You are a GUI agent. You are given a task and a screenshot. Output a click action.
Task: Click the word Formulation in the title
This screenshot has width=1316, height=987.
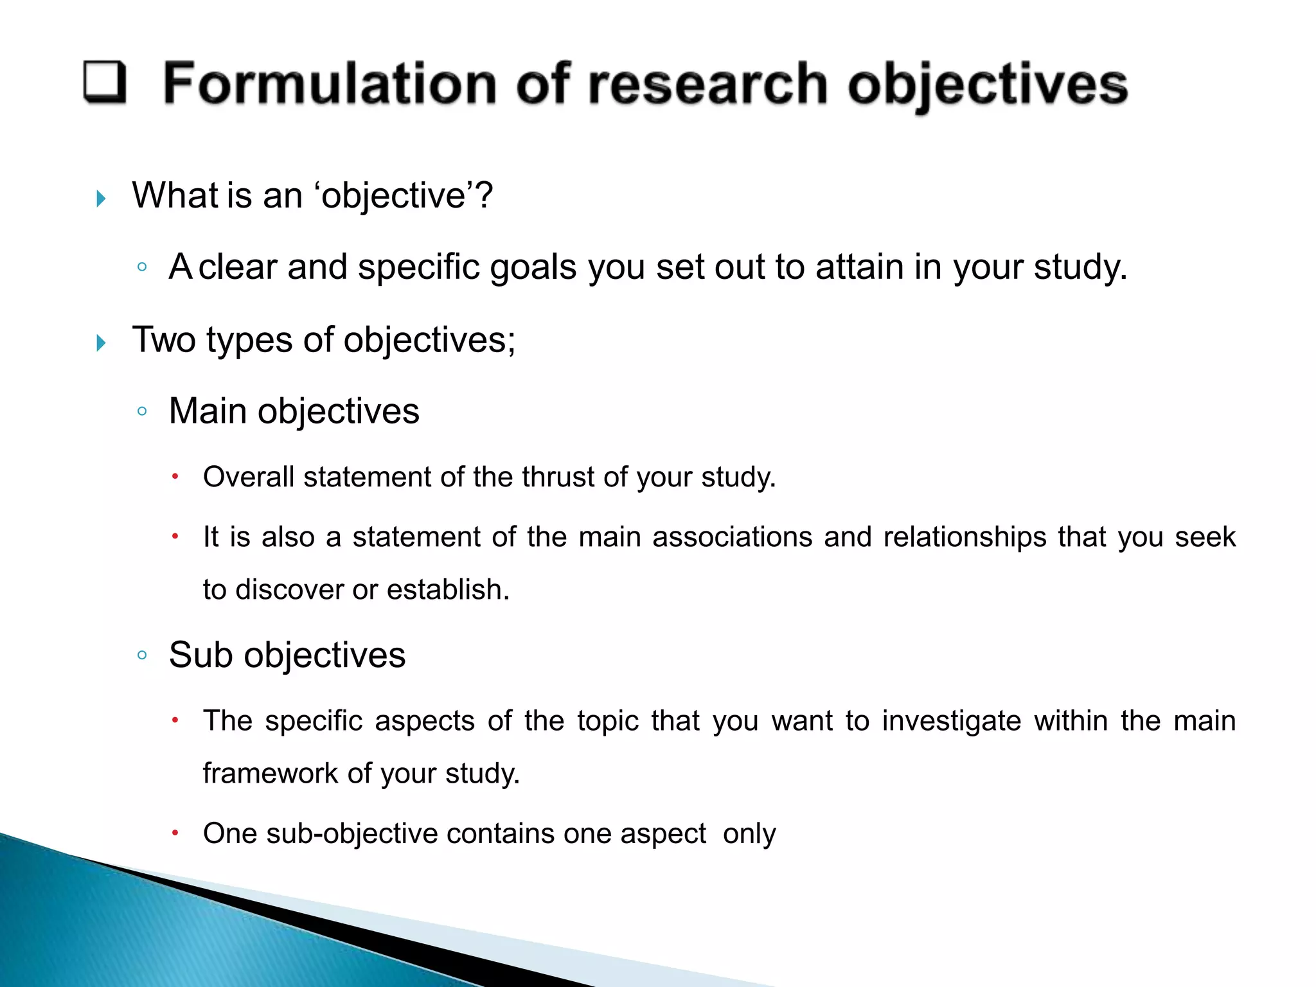click(330, 84)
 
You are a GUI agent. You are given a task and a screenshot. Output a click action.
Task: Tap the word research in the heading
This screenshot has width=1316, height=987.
click(707, 84)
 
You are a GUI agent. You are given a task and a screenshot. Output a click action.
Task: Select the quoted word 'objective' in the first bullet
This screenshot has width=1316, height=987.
click(395, 195)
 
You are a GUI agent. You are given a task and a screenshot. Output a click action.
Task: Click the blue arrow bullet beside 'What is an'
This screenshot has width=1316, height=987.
click(101, 199)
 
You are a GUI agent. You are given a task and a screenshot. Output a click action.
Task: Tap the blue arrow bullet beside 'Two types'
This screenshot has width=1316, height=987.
click(101, 343)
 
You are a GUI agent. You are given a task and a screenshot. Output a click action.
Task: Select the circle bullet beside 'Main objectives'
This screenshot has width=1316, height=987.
click(143, 411)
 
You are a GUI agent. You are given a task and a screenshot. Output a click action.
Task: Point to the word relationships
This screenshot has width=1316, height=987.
click(965, 537)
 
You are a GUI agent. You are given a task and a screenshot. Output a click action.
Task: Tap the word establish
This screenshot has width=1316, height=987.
click(448, 589)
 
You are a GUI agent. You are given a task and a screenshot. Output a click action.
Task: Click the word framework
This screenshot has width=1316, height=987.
click(269, 773)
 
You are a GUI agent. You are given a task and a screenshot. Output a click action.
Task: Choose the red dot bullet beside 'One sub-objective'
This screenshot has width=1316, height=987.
click(175, 833)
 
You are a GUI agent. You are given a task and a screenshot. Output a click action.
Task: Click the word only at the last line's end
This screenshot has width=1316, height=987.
click(749, 833)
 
